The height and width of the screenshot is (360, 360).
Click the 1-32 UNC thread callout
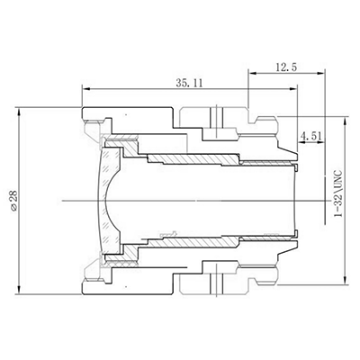pyautogui.click(x=340, y=197)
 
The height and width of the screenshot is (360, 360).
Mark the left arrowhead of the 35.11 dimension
pyautogui.click(x=85, y=88)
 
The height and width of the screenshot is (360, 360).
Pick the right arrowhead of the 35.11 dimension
pyautogui.click(x=296, y=88)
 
